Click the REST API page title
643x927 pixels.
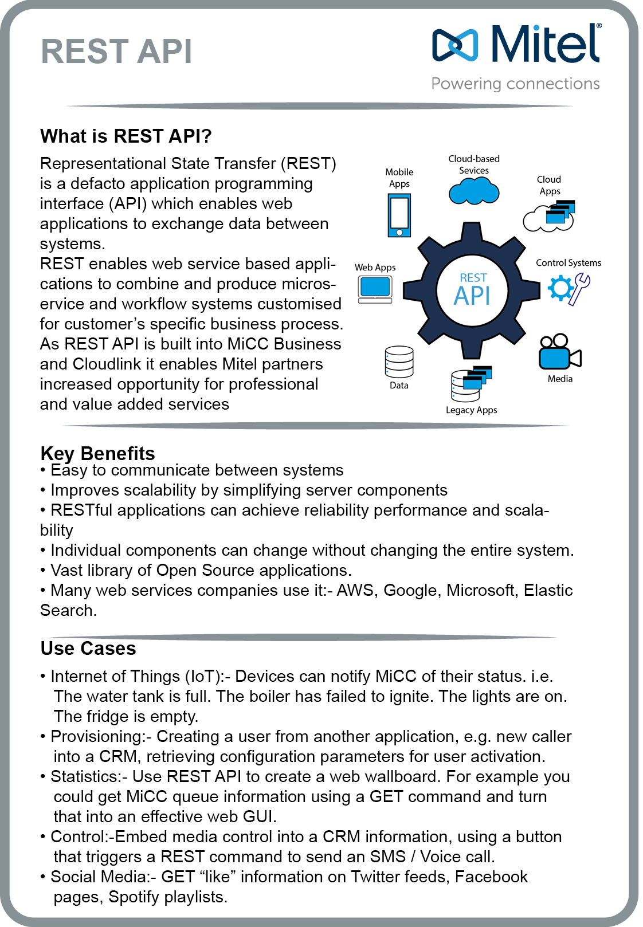(116, 52)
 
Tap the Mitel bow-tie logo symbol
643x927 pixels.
(455, 45)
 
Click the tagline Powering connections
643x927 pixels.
(515, 84)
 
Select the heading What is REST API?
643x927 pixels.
(126, 136)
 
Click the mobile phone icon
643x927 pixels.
(399, 215)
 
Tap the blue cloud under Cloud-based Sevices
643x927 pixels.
(474, 191)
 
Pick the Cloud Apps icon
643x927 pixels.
(549, 216)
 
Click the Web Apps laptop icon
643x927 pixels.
(375, 289)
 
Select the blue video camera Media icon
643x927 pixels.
(559, 352)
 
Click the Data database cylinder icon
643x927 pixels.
(399, 362)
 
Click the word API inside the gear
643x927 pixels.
(472, 296)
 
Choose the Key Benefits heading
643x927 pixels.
(97, 453)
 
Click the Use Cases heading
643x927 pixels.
(88, 649)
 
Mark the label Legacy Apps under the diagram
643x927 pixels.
(471, 410)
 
